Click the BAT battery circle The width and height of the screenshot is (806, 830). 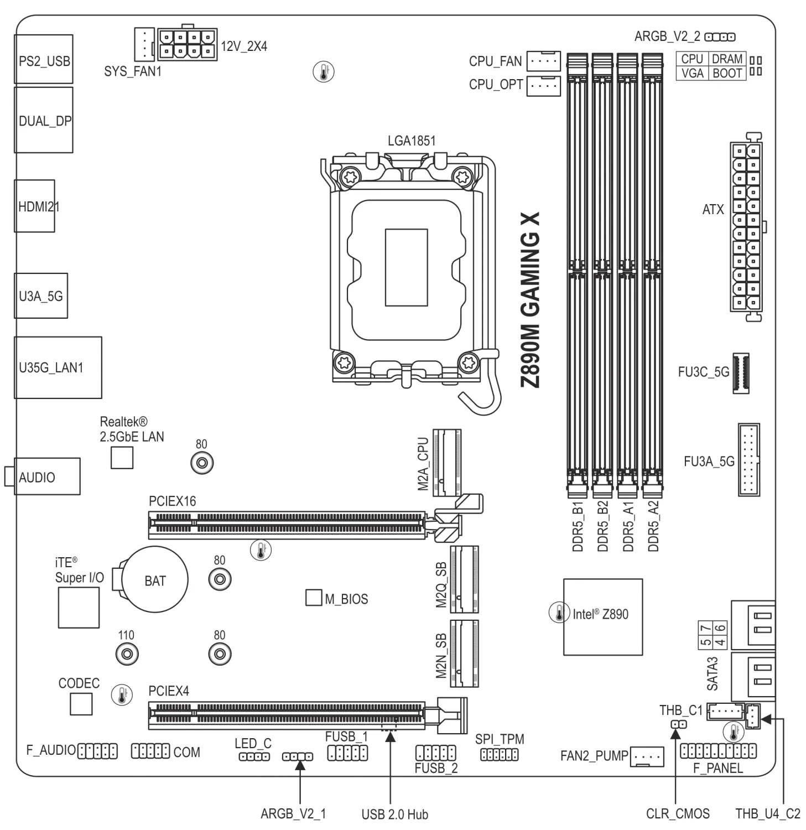coord(154,579)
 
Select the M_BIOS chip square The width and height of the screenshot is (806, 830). coord(314,598)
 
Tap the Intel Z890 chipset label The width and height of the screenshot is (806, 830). coord(600,614)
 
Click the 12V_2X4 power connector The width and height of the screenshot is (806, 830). coord(187,44)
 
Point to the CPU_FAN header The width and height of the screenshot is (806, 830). coord(543,61)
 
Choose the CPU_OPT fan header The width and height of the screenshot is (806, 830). coord(543,86)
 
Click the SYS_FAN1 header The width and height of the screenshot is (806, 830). coord(143,44)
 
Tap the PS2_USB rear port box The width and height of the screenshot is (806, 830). coord(44,59)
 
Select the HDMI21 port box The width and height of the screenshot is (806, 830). coord(35,206)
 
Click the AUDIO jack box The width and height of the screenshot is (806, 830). coord(47,476)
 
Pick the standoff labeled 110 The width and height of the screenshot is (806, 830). coord(127,653)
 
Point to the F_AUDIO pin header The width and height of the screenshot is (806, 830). coord(98,751)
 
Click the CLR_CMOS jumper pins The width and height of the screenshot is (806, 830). coord(679,724)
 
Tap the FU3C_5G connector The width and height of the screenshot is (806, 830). coord(741,372)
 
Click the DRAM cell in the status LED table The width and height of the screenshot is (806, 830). coord(727,59)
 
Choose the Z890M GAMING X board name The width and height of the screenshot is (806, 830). coord(531,302)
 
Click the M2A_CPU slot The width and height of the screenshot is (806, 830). coord(447,462)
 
